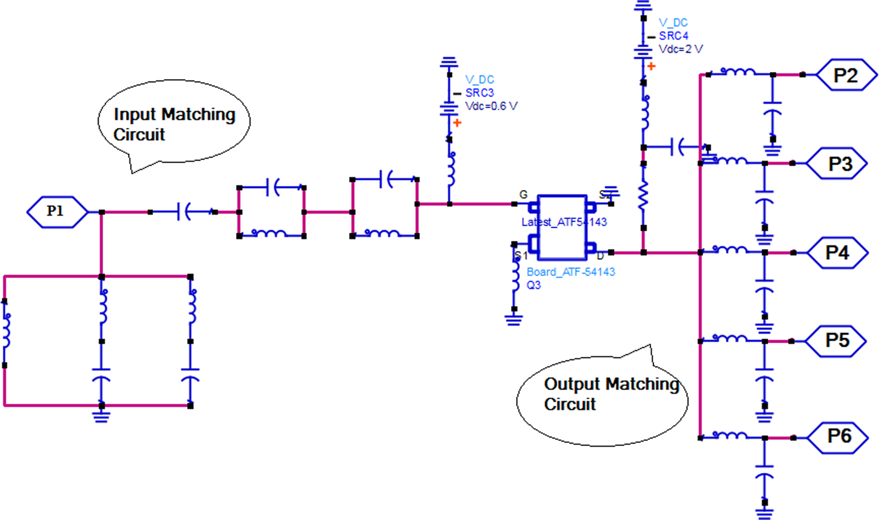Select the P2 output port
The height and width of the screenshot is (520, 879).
pos(845,75)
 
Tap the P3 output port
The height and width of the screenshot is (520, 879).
pos(839,164)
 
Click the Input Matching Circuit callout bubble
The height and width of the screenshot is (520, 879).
pos(174,125)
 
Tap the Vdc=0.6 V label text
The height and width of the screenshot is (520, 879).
pos(491,105)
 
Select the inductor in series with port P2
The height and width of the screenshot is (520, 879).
pos(740,73)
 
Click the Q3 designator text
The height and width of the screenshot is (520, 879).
pos(534,284)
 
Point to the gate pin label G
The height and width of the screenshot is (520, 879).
pos(523,194)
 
